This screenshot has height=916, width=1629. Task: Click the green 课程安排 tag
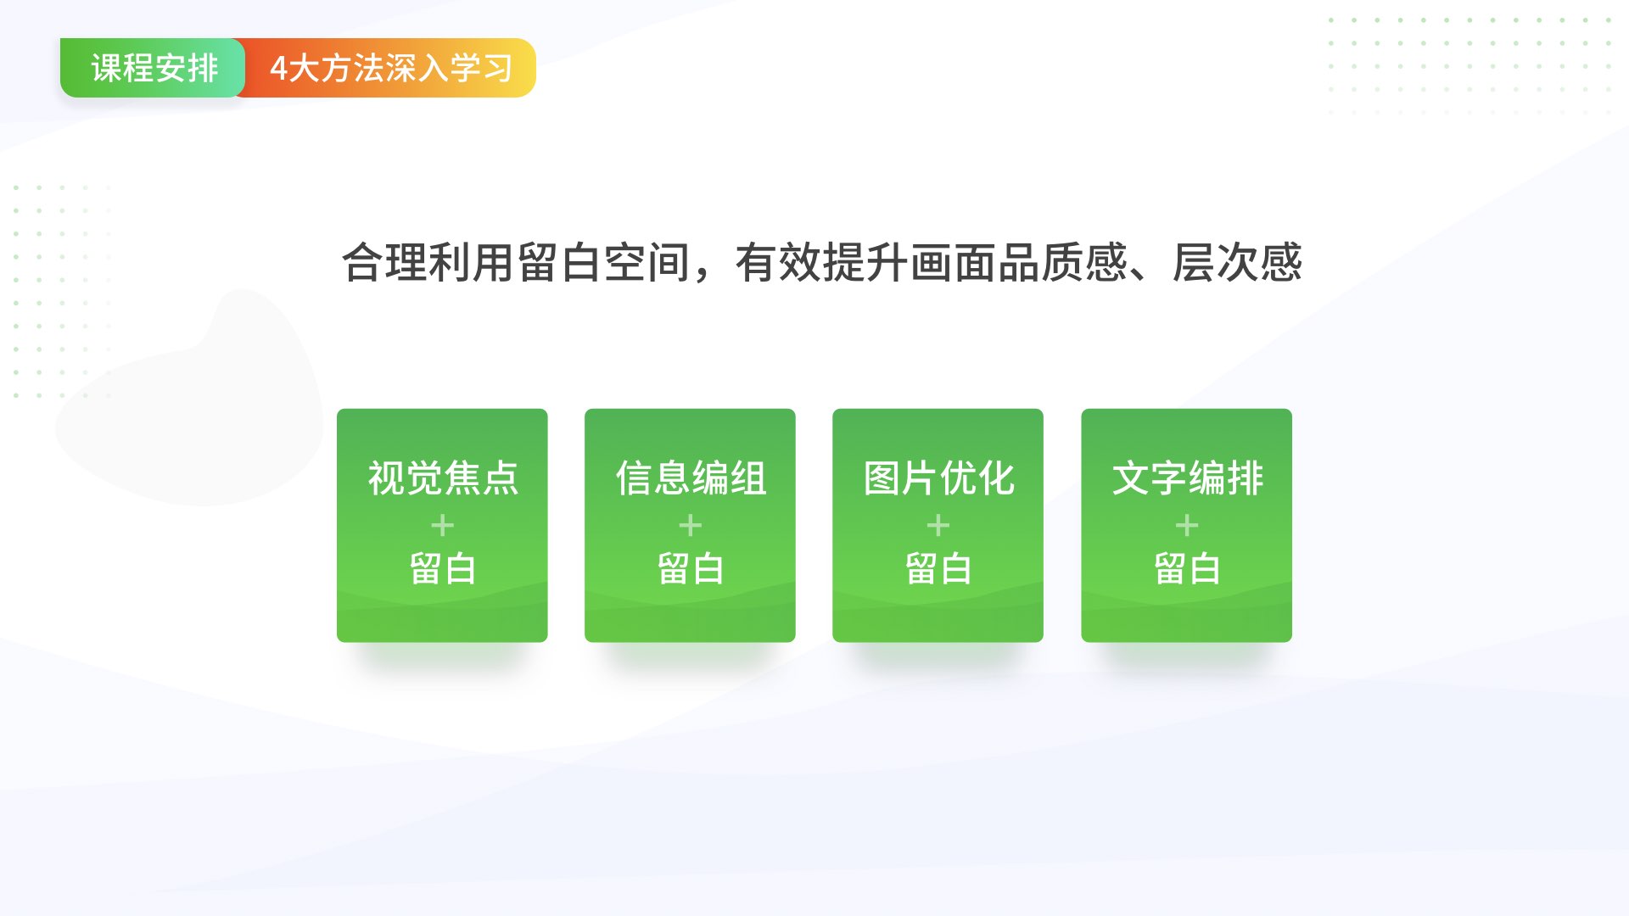(x=153, y=68)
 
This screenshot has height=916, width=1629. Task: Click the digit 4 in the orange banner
(x=278, y=69)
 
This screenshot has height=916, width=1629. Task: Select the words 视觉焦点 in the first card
(x=442, y=478)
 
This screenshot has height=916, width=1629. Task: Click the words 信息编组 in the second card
(x=691, y=478)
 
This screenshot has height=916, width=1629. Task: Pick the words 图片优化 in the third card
(x=938, y=478)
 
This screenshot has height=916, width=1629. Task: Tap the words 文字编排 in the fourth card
(x=1187, y=478)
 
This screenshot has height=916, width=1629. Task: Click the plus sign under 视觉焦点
(x=442, y=526)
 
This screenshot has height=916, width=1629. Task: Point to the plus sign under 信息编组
(x=691, y=526)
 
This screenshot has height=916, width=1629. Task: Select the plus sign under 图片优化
(x=938, y=526)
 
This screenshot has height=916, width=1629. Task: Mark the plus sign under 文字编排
(x=1187, y=526)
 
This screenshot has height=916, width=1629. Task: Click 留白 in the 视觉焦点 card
(x=442, y=568)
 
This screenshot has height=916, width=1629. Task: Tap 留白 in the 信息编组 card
(x=691, y=568)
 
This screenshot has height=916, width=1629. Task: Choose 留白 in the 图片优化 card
(x=938, y=568)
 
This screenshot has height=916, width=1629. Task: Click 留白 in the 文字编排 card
(x=1187, y=568)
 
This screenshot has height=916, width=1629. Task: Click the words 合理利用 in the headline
(x=428, y=262)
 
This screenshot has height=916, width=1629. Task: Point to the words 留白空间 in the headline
(x=603, y=262)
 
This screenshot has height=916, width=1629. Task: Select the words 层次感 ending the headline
(x=1237, y=262)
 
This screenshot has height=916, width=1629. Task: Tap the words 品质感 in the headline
(x=1063, y=262)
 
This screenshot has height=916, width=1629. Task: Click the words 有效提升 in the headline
(x=822, y=262)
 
